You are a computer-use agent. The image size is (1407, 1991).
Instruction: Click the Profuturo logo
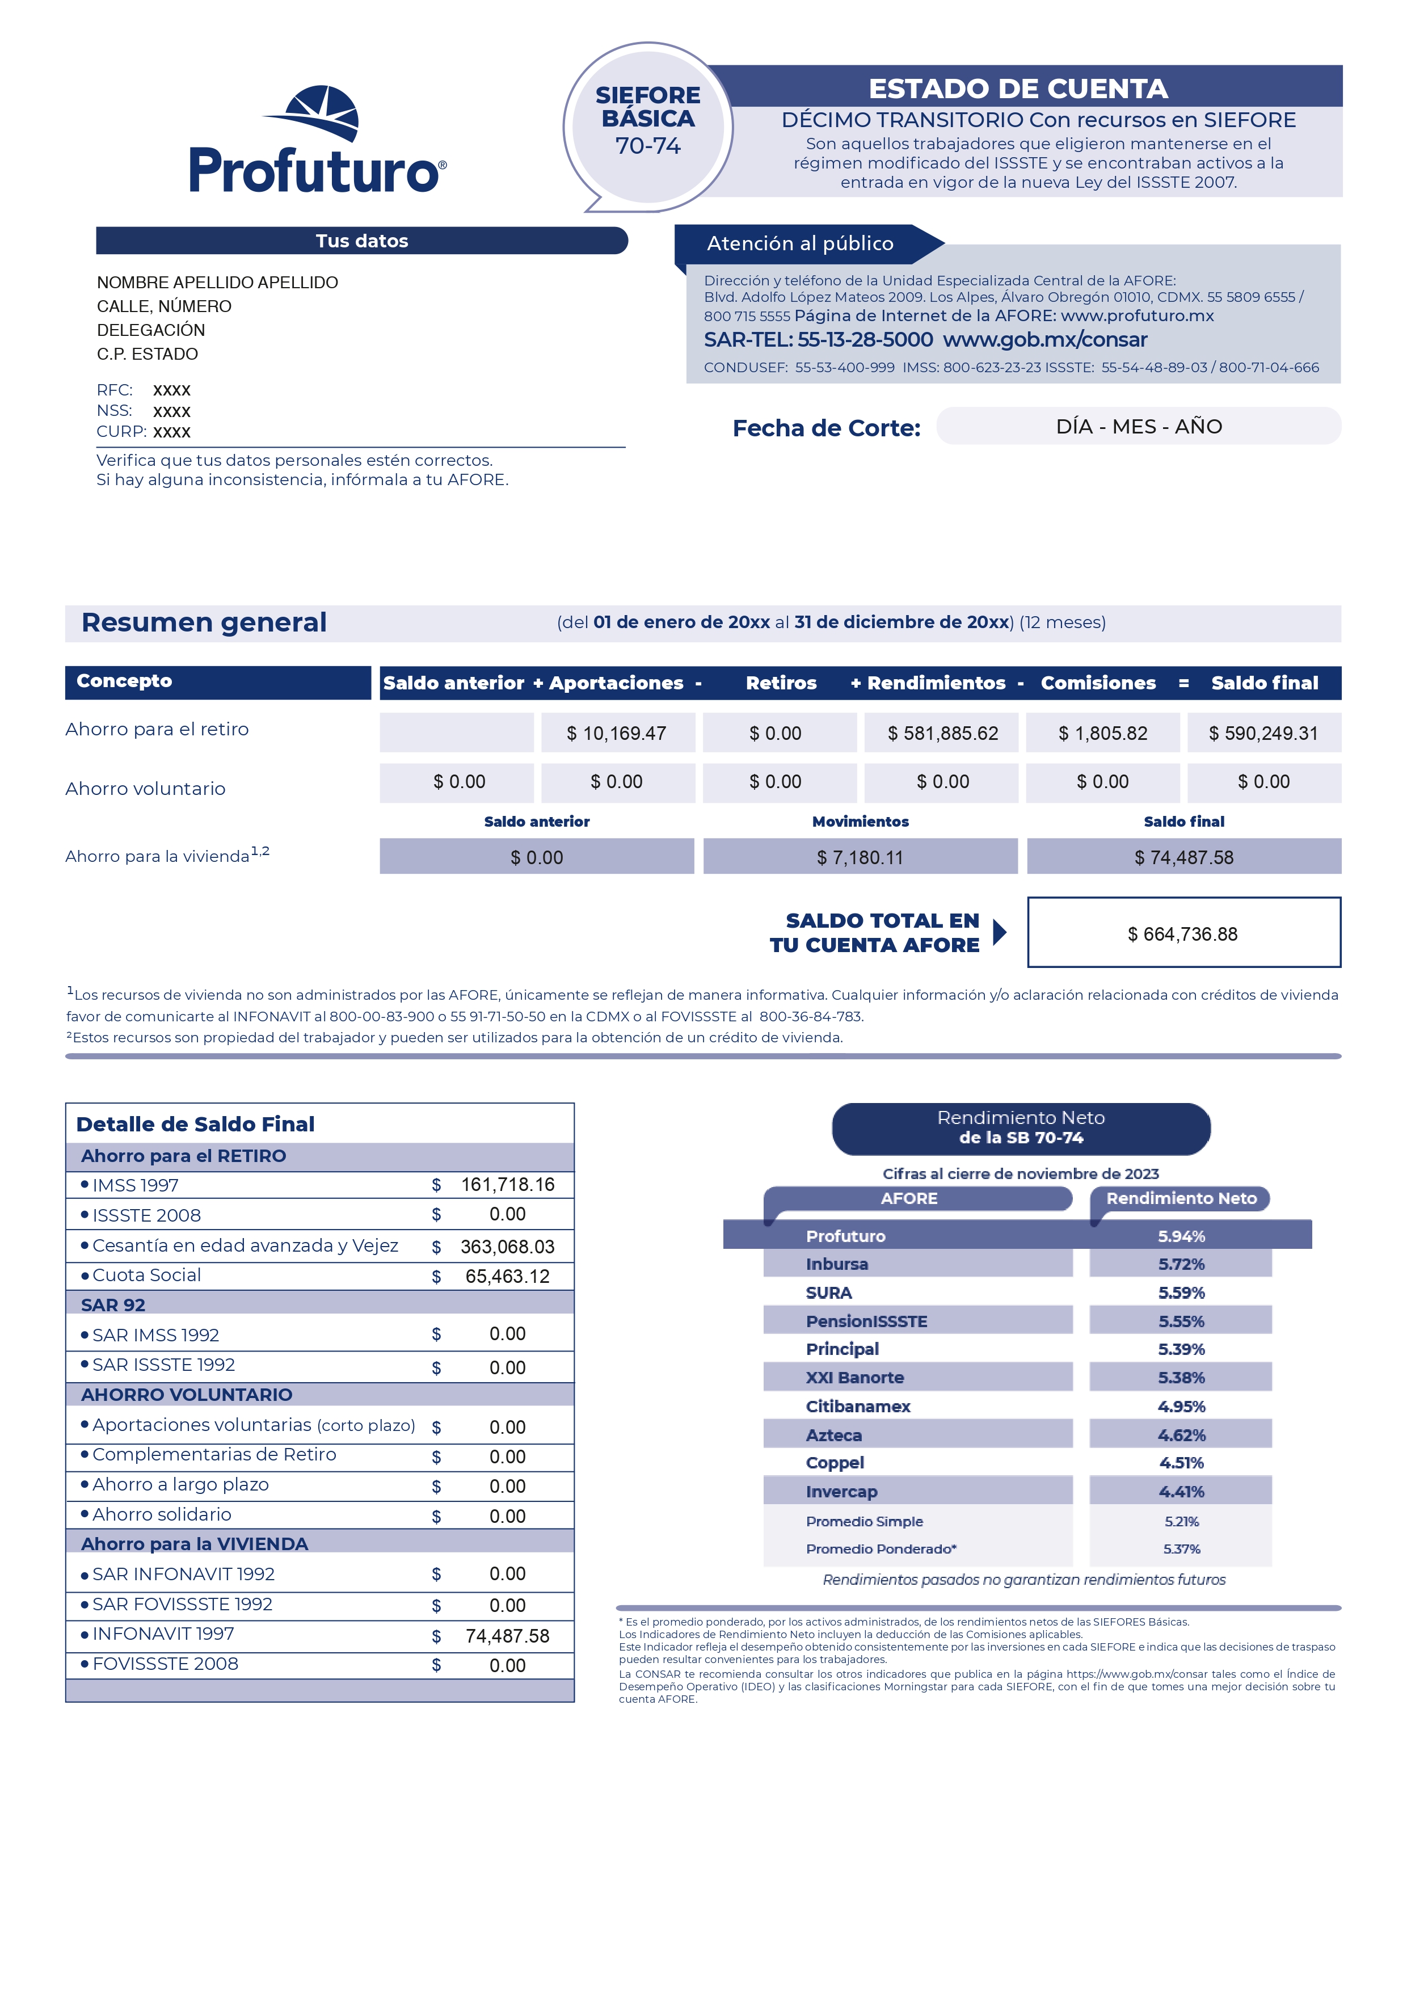pyautogui.click(x=317, y=141)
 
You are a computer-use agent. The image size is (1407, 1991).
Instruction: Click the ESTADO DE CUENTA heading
pyautogui.click(x=1018, y=89)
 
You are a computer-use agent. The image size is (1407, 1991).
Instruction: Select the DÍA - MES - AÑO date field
pyautogui.click(x=1138, y=427)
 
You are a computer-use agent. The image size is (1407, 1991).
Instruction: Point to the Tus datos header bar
pyautogui.click(x=361, y=241)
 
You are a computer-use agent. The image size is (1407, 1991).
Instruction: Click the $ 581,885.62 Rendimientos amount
pyautogui.click(x=942, y=734)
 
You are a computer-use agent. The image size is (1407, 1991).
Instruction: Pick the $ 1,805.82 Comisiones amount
pyautogui.click(x=1103, y=734)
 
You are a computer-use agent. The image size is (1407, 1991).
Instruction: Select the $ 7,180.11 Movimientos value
pyautogui.click(x=860, y=857)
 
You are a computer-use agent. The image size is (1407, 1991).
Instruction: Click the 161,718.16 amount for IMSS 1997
pyautogui.click(x=507, y=1185)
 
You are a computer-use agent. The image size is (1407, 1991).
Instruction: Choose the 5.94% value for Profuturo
pyautogui.click(x=1181, y=1236)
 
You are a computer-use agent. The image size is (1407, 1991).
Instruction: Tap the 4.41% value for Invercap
pyautogui.click(x=1181, y=1492)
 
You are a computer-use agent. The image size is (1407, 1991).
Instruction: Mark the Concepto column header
pyautogui.click(x=124, y=681)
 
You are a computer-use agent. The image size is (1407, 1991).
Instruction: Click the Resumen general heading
pyautogui.click(x=204, y=622)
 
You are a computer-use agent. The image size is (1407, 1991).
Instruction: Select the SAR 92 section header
pyautogui.click(x=113, y=1305)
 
